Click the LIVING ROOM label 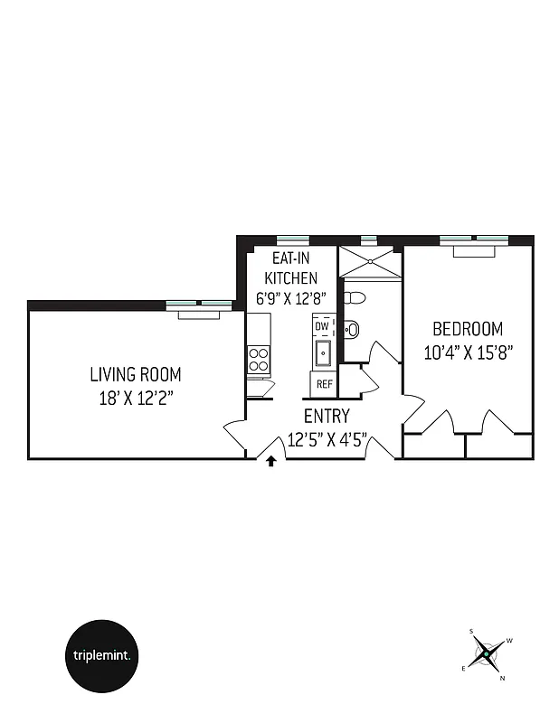[135, 373]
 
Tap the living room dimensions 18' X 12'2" [135, 397]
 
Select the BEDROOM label [467, 329]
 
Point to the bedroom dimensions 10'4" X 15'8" [468, 352]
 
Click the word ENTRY [327, 417]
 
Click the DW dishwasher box [322, 326]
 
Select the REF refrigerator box [323, 384]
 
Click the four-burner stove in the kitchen [259, 360]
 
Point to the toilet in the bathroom [355, 297]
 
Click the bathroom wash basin [353, 329]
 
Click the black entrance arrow [270, 463]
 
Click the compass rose [487, 652]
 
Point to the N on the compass [503, 676]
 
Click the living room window [200, 304]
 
